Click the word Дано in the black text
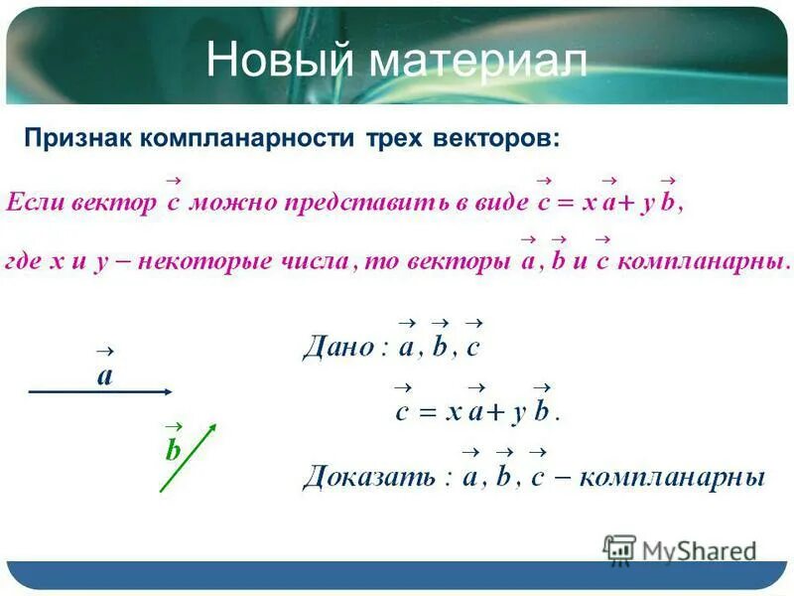[336, 349]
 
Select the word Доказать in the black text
[367, 477]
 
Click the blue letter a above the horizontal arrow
[105, 376]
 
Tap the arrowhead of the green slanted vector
[211, 430]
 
